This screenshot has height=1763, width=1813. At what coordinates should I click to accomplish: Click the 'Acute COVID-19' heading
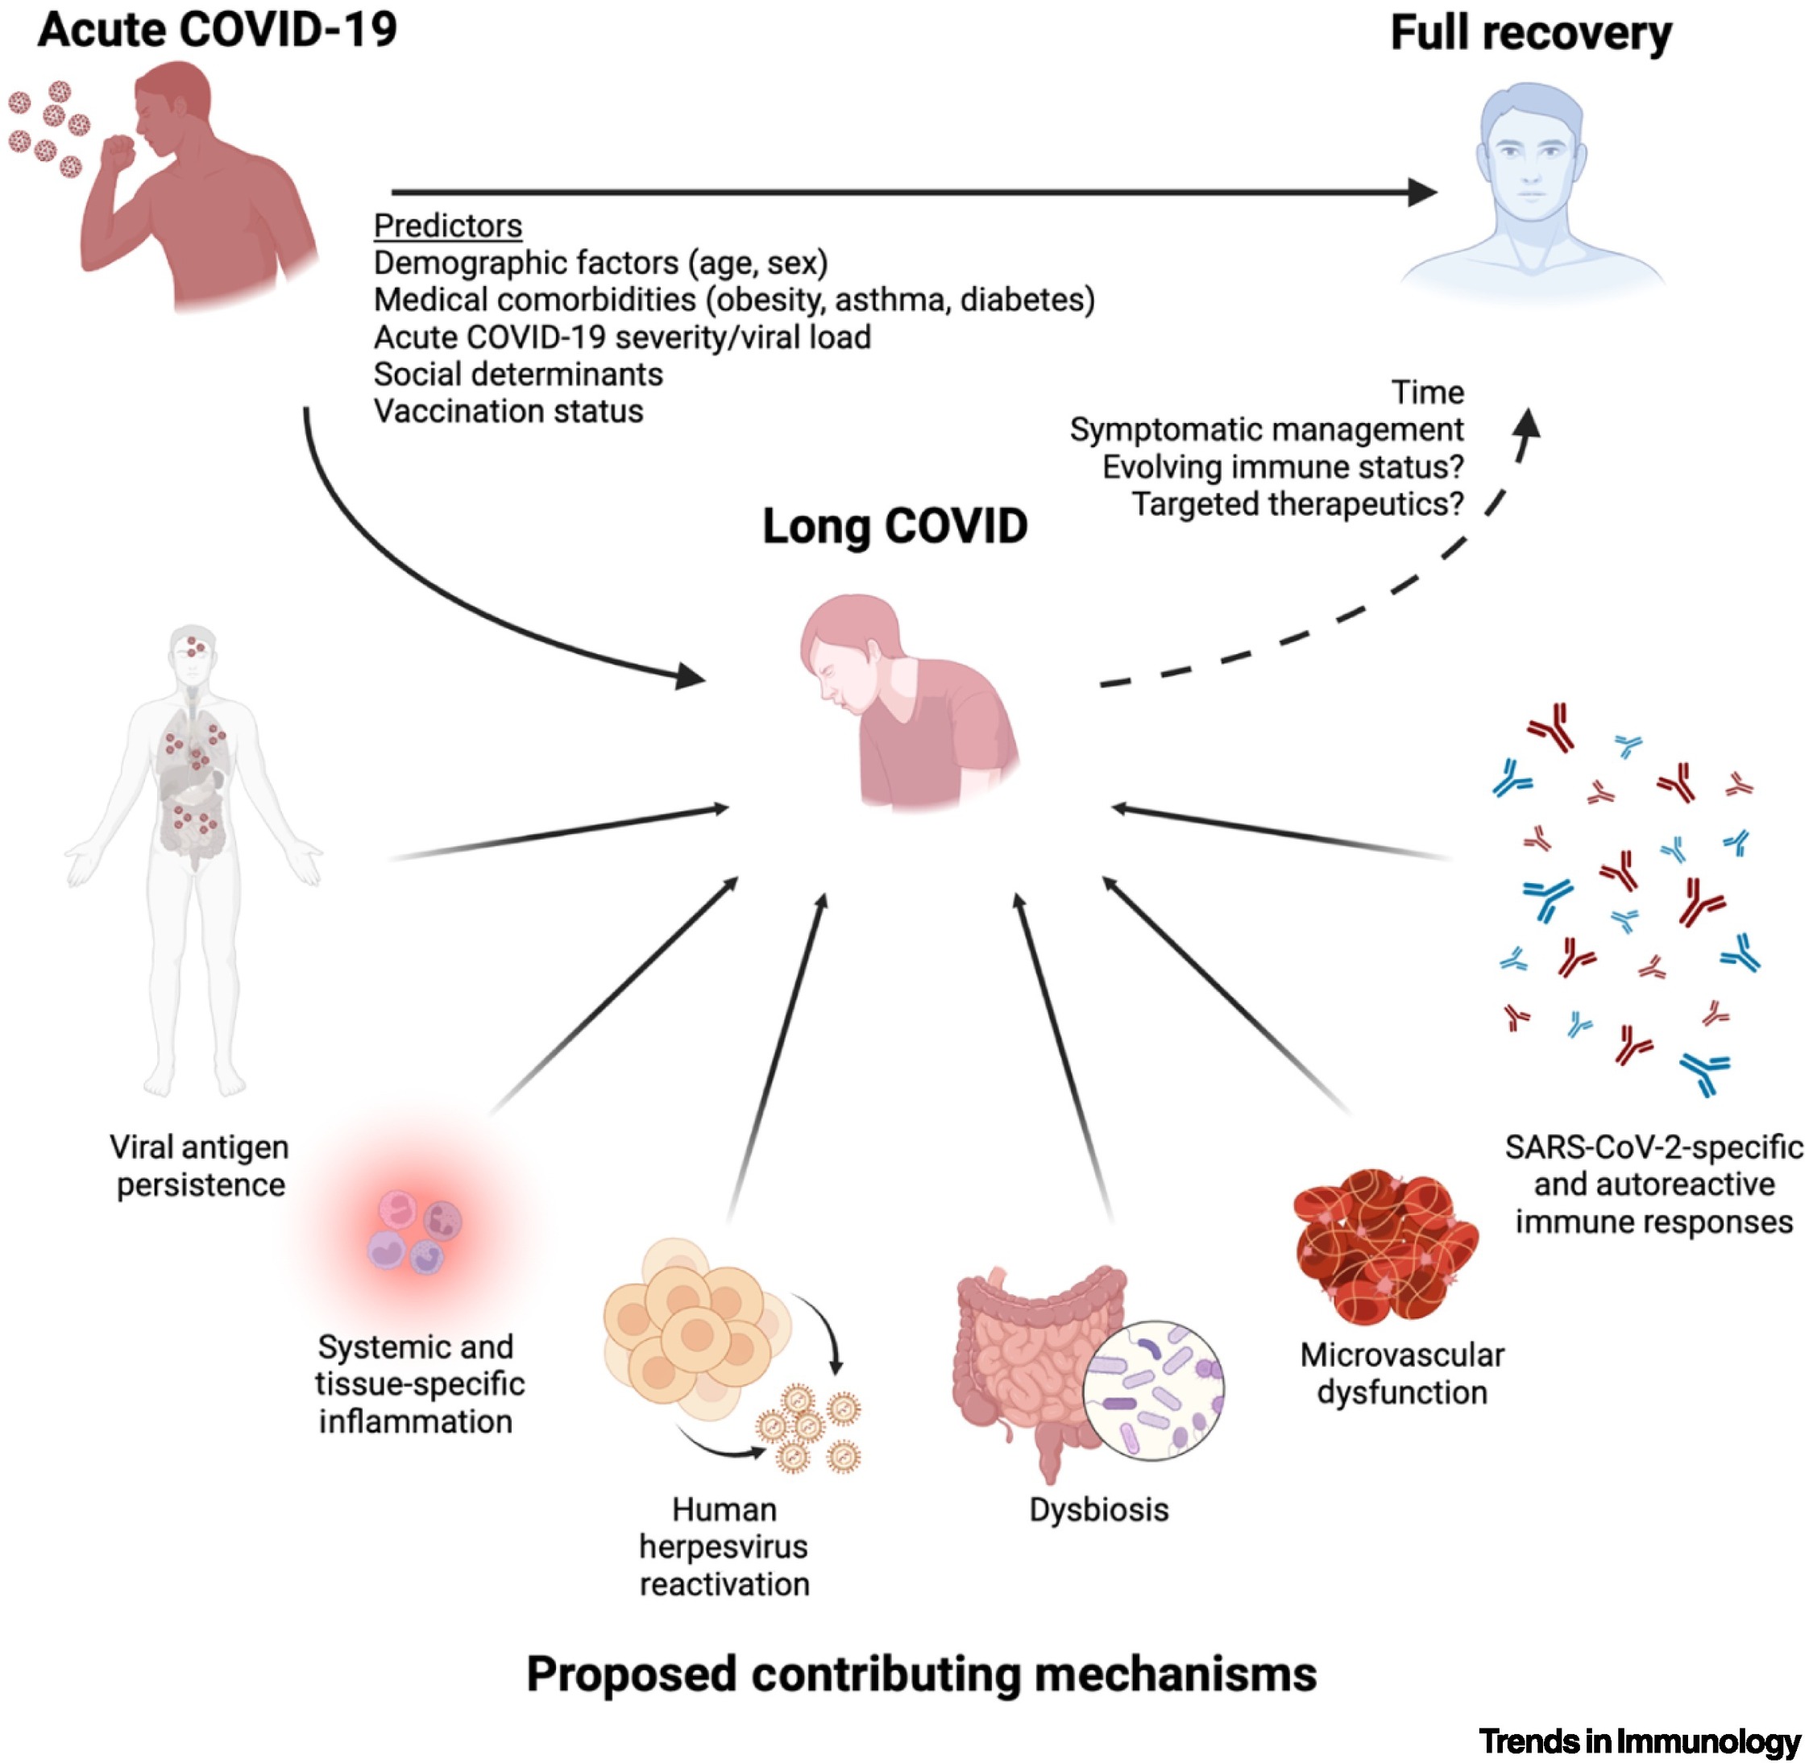218,30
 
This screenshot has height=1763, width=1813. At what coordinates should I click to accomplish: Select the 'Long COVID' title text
894,527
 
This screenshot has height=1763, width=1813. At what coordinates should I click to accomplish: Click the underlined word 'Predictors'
447,226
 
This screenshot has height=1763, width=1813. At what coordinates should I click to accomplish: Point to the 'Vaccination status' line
508,411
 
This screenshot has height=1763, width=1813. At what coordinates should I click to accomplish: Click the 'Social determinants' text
517,374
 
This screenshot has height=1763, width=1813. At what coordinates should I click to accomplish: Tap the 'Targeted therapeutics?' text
1297,504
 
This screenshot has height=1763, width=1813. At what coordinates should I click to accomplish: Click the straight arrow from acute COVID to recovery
907,193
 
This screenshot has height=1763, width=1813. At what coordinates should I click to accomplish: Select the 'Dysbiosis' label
1098,1510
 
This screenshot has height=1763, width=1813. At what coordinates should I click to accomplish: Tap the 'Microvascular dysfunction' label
1401,1374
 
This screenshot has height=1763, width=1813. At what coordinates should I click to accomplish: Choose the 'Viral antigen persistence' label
199,1167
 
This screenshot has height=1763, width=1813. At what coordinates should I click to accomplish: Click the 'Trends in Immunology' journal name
1639,1740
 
